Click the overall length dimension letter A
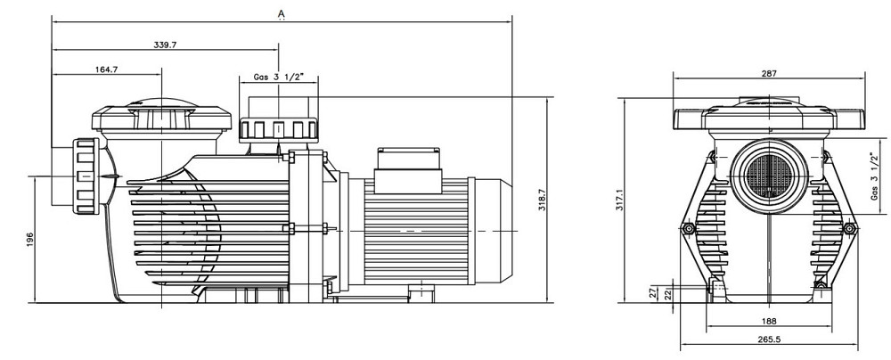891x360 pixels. (x=282, y=13)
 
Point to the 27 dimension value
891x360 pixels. (x=653, y=290)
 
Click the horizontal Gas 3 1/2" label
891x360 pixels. (x=279, y=78)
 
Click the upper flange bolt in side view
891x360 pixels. (x=288, y=159)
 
